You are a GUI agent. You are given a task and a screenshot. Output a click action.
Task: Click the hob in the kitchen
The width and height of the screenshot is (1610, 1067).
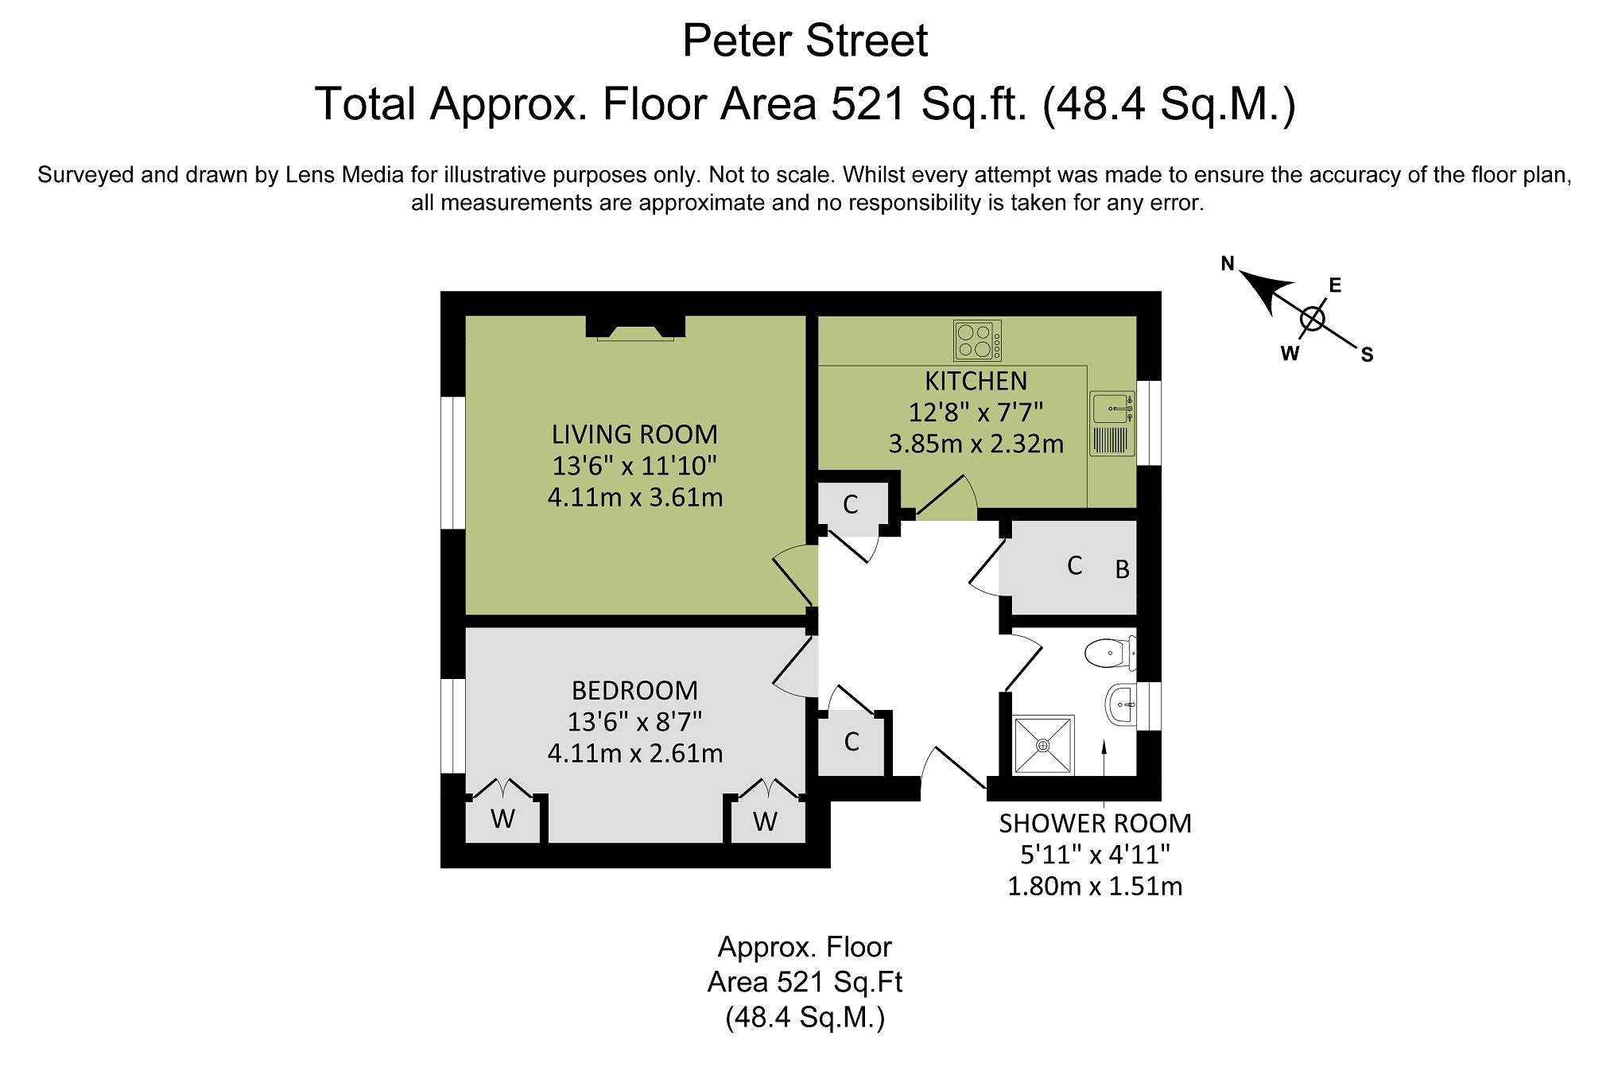[x=977, y=340]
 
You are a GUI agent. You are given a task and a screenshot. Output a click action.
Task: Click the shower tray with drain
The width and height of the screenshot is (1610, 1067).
[x=1043, y=745]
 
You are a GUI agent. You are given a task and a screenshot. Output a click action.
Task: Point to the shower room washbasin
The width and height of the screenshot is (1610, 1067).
[x=1121, y=704]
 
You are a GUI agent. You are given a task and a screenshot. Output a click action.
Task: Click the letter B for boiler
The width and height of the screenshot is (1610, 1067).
[x=1122, y=569]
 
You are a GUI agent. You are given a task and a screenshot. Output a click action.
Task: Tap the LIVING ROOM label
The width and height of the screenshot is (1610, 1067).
[x=634, y=434]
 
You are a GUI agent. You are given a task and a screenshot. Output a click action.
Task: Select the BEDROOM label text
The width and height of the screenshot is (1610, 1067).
[x=634, y=690]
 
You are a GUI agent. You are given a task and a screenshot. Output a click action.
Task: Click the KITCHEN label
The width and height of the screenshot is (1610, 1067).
[x=976, y=381]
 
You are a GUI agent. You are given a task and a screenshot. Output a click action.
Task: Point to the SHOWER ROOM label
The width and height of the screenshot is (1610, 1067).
[x=1095, y=824]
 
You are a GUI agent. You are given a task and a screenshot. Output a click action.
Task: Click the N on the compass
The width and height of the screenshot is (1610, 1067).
[x=1228, y=264]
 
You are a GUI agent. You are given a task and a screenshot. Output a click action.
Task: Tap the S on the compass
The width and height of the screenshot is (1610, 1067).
[x=1367, y=355]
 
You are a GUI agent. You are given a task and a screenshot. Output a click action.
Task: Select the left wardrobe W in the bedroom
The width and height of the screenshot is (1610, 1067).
[x=502, y=818]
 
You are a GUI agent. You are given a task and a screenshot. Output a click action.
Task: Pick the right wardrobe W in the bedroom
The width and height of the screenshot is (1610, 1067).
[x=765, y=821]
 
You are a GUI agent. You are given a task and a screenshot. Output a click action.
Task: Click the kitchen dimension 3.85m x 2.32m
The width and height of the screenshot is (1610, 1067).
[x=976, y=444]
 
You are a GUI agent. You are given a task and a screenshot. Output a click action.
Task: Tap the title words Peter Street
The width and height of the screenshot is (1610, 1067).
[x=805, y=41]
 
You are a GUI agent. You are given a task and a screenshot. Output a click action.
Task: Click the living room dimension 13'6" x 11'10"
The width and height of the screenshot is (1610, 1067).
[x=634, y=466]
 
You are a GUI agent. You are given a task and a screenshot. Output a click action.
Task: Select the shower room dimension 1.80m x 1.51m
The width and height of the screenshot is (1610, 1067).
[x=1095, y=886]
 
